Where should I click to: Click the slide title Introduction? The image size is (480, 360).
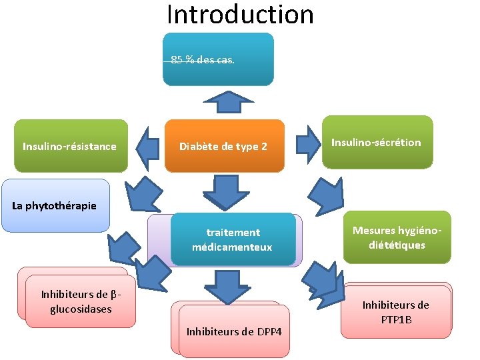240,14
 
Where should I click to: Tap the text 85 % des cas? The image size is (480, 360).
203,60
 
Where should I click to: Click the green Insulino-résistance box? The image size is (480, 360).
70,146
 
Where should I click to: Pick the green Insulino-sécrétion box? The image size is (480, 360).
377,142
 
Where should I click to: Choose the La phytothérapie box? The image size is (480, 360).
55,205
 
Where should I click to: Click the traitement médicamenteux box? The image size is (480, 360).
233,239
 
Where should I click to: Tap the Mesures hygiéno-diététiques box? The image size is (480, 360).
397,237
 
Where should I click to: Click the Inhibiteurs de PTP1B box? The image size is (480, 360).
396,311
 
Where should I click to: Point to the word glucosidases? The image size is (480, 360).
81,309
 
